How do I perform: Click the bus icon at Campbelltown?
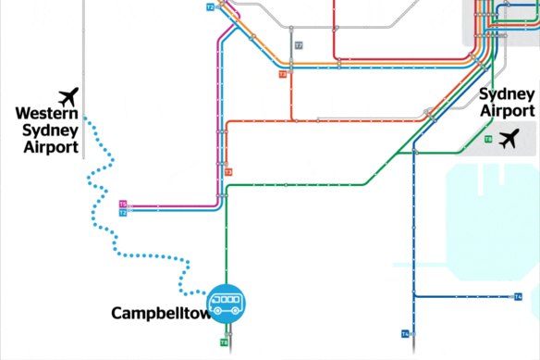tap(226, 302)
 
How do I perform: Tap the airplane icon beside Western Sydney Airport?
tap(67, 97)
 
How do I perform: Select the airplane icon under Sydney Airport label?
tap(509, 140)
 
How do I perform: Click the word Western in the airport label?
tap(46, 113)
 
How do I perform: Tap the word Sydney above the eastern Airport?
tap(506, 94)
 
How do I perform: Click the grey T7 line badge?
tap(298, 45)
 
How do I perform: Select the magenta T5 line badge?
tap(123, 204)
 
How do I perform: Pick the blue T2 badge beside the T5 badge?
tap(123, 213)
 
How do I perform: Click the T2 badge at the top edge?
tap(210, 6)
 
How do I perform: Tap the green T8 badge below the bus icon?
tap(224, 342)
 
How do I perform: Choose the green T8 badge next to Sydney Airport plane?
tap(488, 139)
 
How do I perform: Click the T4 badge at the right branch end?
tap(519, 296)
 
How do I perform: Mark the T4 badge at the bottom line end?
tap(405, 333)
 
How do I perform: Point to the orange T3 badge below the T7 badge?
tap(282, 74)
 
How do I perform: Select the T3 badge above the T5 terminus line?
tap(227, 172)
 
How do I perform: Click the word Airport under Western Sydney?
tap(51, 146)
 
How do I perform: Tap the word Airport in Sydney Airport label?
tap(507, 111)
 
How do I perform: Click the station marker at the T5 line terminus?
tap(133, 204)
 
